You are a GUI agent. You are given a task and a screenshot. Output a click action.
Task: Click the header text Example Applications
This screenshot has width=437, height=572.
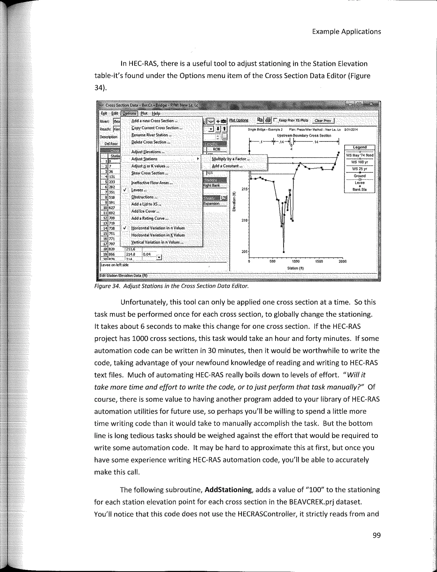coord(346,32)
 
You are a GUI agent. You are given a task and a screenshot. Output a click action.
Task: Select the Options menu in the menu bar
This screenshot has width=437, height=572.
coord(129,114)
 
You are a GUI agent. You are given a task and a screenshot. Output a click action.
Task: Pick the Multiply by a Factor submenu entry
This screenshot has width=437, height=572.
coord(230,159)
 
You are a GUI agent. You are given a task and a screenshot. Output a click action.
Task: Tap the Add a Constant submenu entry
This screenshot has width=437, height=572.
coord(227,166)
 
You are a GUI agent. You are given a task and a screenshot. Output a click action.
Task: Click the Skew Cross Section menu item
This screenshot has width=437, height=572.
coord(150,173)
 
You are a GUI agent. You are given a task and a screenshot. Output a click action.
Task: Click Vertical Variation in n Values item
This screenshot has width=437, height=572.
coord(157,242)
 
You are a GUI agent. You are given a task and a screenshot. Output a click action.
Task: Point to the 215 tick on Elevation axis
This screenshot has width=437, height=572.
coord(245,189)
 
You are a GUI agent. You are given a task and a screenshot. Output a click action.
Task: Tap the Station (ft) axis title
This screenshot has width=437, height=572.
coord(295,268)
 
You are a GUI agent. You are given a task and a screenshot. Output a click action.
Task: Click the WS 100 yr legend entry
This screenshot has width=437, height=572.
coord(360,162)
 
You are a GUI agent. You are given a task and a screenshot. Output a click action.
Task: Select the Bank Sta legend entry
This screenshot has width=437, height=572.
coord(360,190)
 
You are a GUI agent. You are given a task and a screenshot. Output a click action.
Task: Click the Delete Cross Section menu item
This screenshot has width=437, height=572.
coord(151,142)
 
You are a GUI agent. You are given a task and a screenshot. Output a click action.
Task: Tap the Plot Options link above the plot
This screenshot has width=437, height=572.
coord(239,120)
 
